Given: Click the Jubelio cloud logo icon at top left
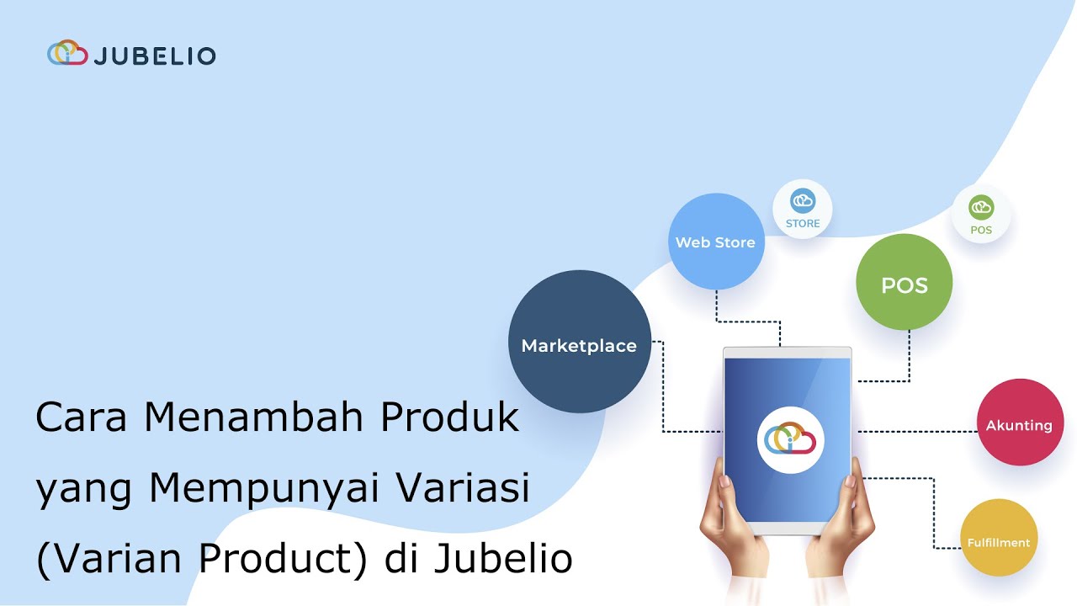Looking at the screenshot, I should tap(67, 54).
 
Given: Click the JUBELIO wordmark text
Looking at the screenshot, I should tap(155, 56).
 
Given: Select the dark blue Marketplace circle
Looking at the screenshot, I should tap(579, 342).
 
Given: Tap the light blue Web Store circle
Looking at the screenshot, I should tap(715, 242).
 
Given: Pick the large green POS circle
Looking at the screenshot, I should tap(904, 283).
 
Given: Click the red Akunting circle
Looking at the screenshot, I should tap(1019, 423).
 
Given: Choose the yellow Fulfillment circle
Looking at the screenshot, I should tap(998, 539).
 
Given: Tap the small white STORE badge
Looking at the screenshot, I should tap(802, 210).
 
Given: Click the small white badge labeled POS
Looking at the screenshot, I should tap(980, 215).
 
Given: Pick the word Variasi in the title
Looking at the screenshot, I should tap(462, 489).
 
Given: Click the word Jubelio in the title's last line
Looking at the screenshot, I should tap(503, 560).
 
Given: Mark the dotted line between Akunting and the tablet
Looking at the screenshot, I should tap(915, 432).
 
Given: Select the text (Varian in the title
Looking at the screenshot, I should tap(98, 560).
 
